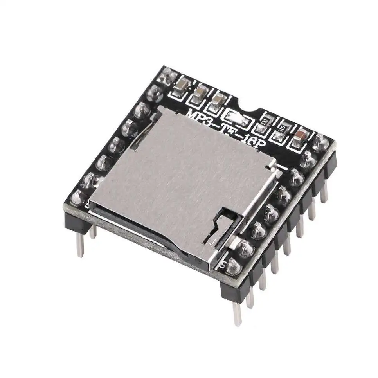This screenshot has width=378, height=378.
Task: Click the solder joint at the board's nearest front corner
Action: (234, 266)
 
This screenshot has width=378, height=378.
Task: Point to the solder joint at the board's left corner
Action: (78, 196)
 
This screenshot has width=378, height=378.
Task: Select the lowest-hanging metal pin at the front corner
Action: (237, 313)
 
